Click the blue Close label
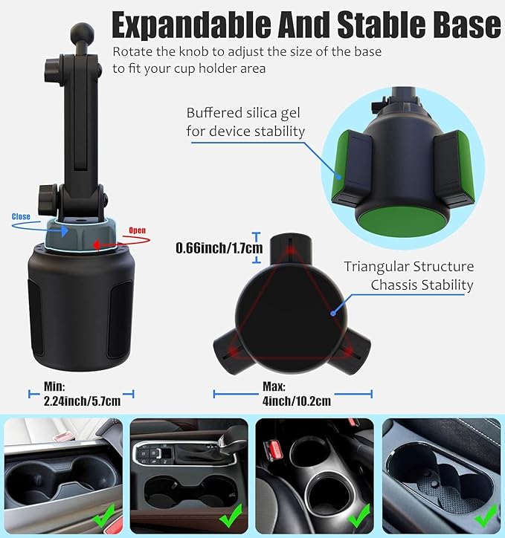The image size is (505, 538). (21, 217)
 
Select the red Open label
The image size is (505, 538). (138, 230)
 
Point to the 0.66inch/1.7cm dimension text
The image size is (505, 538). (219, 247)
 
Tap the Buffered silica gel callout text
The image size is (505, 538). (245, 122)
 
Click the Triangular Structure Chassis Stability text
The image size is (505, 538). (408, 275)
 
